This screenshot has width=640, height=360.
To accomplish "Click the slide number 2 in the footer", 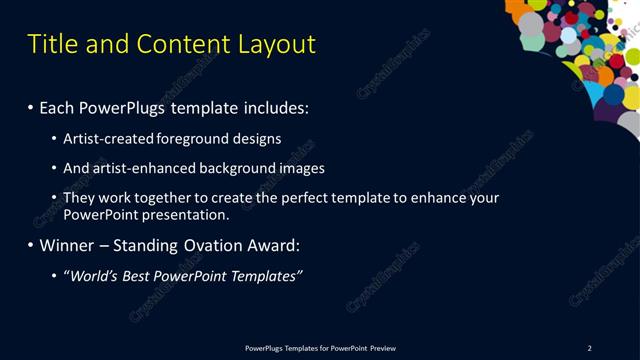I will pyautogui.click(x=589, y=348).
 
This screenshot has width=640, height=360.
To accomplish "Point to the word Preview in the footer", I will pyautogui.click(x=383, y=348).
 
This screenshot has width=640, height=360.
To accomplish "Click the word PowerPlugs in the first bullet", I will pyautogui.click(x=124, y=107).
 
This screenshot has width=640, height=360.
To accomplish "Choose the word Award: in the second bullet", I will pyautogui.click(x=280, y=245).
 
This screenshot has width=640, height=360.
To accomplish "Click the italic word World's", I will pyautogui.click(x=95, y=275).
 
